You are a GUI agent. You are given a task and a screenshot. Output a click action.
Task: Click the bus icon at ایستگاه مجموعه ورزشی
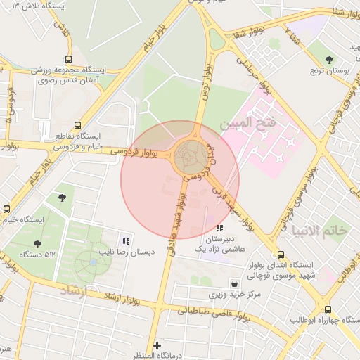point(68,60)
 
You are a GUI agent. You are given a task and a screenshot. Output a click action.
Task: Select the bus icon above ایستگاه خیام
point(6,209)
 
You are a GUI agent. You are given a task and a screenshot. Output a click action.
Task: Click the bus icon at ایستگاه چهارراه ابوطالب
point(328,309)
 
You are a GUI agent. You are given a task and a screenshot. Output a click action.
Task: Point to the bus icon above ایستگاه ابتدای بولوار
point(281,255)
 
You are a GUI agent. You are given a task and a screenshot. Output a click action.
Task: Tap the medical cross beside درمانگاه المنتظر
point(156,345)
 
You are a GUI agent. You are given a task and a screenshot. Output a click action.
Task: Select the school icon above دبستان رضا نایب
point(125,241)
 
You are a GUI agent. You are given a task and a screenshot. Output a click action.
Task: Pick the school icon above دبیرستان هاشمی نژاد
point(219,228)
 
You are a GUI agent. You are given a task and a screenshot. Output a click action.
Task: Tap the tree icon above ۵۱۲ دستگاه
point(37,244)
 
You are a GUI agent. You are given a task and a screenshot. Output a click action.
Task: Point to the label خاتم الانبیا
point(320,231)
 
